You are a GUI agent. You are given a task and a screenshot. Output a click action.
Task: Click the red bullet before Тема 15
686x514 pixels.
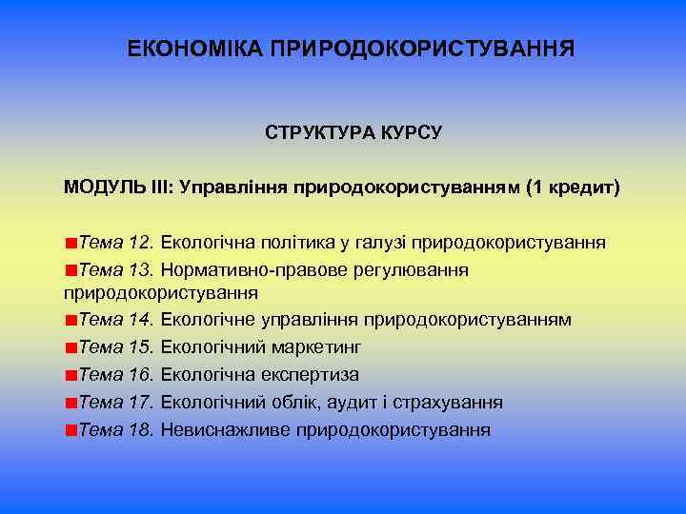(71, 347)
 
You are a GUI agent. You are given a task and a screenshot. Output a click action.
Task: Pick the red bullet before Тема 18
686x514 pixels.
(71, 430)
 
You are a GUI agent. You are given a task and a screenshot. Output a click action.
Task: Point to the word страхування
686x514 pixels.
(444, 402)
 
